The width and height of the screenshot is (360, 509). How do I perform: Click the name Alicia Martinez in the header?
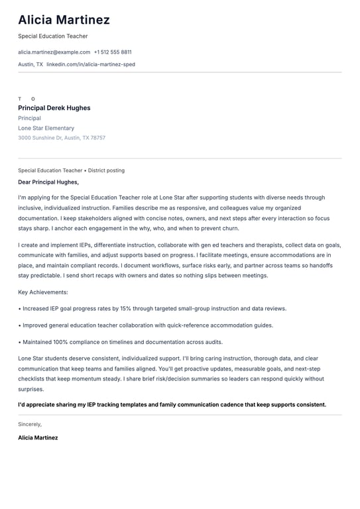coord(64,20)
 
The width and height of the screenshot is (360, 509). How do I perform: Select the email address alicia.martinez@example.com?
coord(54,52)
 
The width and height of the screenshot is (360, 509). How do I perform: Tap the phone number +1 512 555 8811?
coord(113,52)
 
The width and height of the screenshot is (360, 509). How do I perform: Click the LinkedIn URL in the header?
coord(91,64)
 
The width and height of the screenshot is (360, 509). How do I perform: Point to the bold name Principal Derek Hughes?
coord(54,108)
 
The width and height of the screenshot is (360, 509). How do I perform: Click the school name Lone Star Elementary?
coord(46,128)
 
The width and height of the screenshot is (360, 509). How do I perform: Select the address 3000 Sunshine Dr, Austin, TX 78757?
coord(62,138)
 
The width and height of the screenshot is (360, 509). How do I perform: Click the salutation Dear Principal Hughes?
coord(48,182)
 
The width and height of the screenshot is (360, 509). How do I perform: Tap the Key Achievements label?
coord(43,292)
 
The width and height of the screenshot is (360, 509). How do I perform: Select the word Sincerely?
coord(30,424)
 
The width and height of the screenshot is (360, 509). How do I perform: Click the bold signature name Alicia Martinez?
coord(38,437)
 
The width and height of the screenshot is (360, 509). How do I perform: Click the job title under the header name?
coord(52,36)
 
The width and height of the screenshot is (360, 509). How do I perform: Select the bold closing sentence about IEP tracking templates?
coord(172,404)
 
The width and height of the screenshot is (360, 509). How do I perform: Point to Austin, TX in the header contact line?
coord(30,64)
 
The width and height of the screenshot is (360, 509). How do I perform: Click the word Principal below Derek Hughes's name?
coord(29,118)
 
